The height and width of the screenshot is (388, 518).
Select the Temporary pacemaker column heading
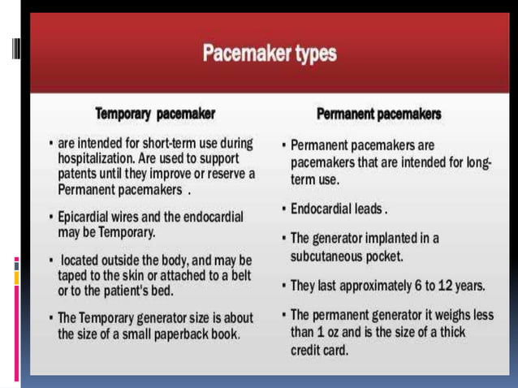(155, 113)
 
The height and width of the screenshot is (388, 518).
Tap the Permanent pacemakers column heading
(379, 114)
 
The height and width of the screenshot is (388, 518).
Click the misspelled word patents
(78, 175)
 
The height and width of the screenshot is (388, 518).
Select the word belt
(240, 275)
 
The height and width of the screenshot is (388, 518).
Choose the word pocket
(386, 256)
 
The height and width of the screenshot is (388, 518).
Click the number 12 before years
(449, 286)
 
